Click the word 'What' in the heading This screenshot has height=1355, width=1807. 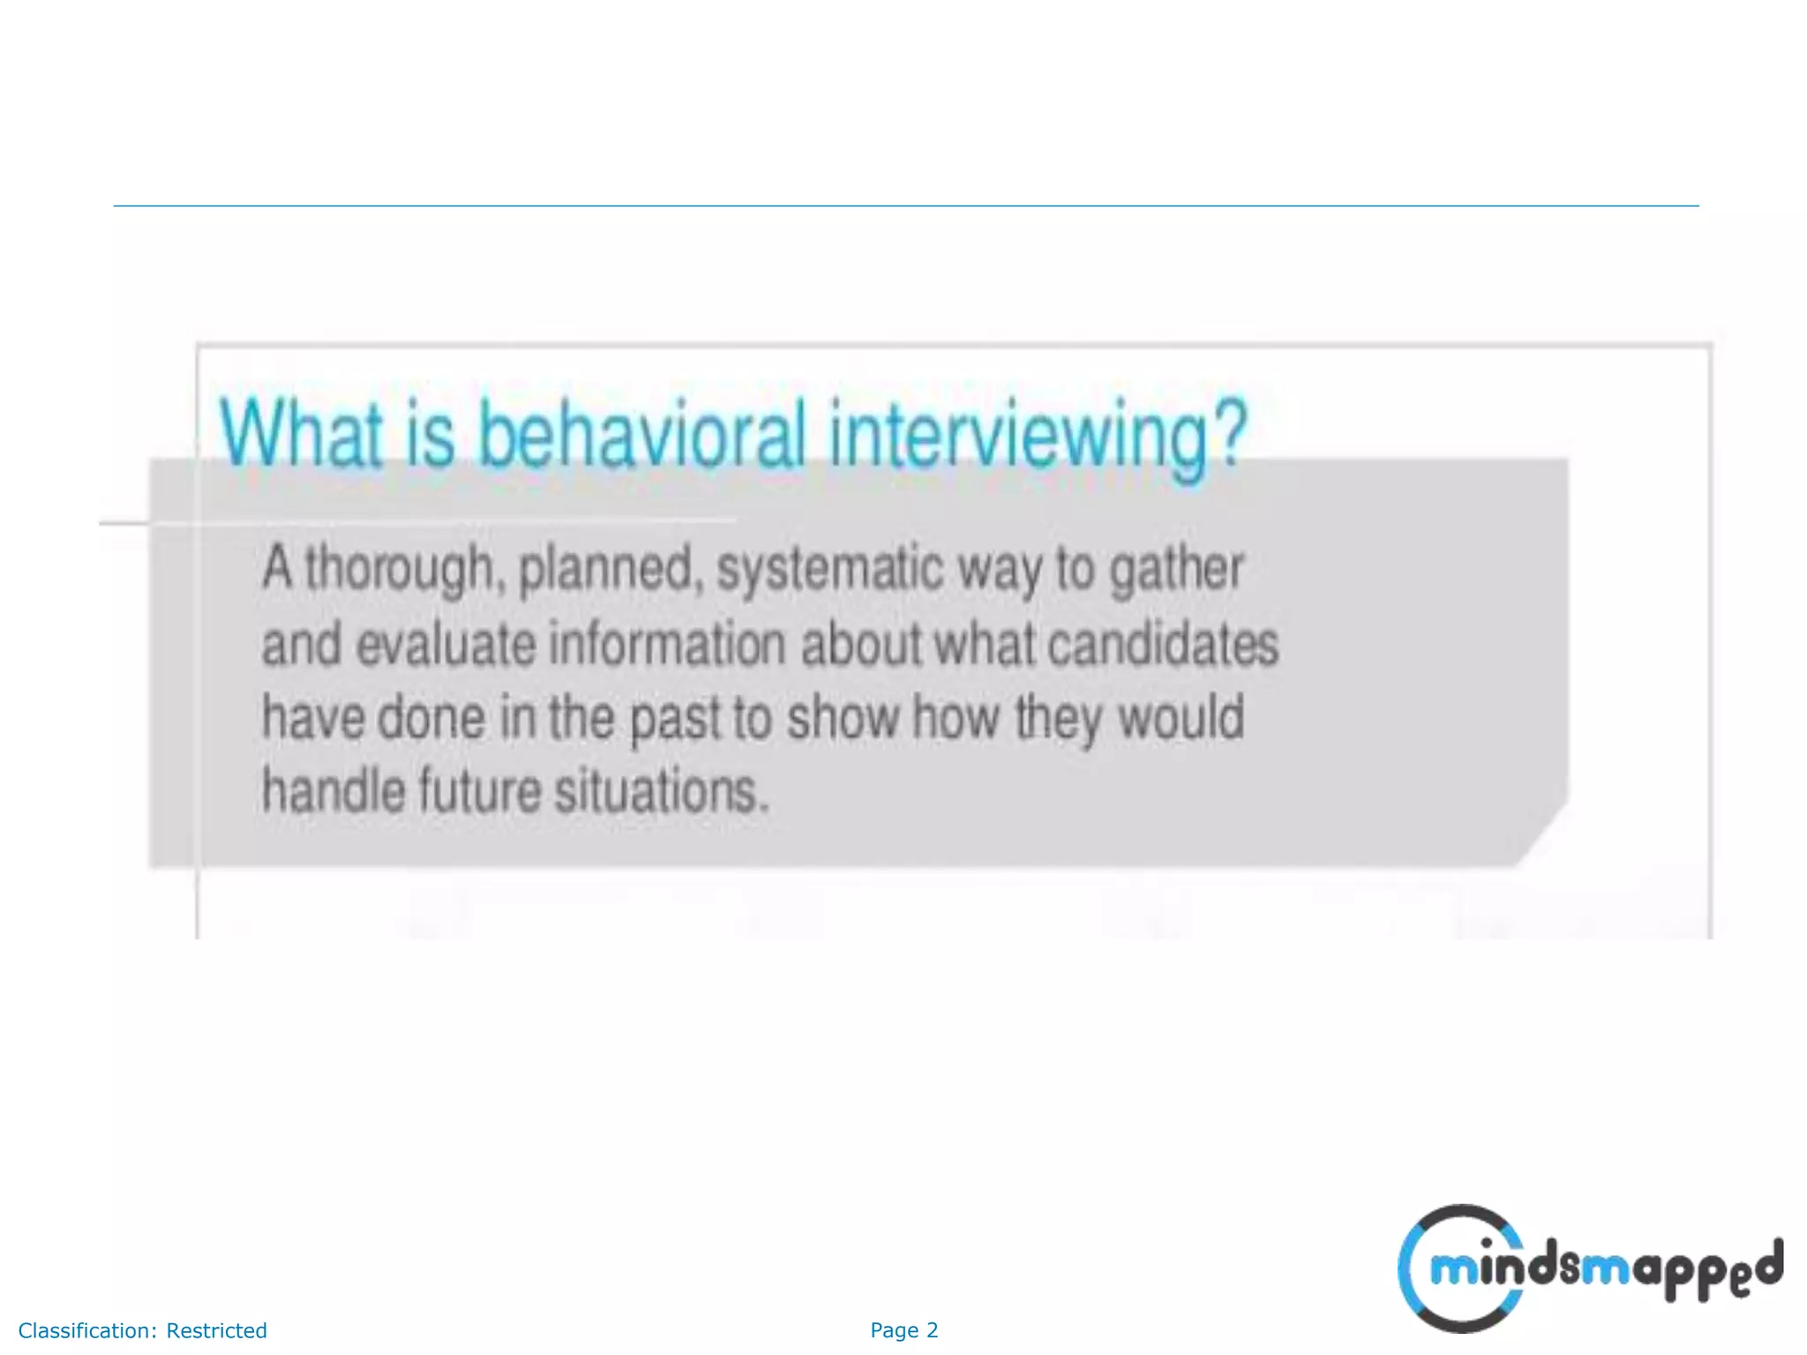click(x=300, y=434)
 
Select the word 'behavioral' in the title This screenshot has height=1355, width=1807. click(x=641, y=434)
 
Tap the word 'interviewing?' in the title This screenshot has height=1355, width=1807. click(x=1038, y=437)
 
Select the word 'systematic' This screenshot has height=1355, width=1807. click(x=829, y=569)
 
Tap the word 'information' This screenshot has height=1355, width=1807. click(x=667, y=644)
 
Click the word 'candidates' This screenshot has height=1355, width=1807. click(x=1163, y=644)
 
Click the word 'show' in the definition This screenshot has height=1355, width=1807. click(x=843, y=717)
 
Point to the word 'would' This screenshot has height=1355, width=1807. click(x=1181, y=717)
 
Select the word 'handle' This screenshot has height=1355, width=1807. click(x=332, y=790)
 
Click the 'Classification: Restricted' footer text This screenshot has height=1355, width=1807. click(x=142, y=1330)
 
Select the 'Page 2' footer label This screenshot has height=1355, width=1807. click(x=903, y=1330)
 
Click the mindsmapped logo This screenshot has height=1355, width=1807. click(x=1588, y=1269)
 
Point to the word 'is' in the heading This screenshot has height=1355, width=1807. click(x=431, y=434)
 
